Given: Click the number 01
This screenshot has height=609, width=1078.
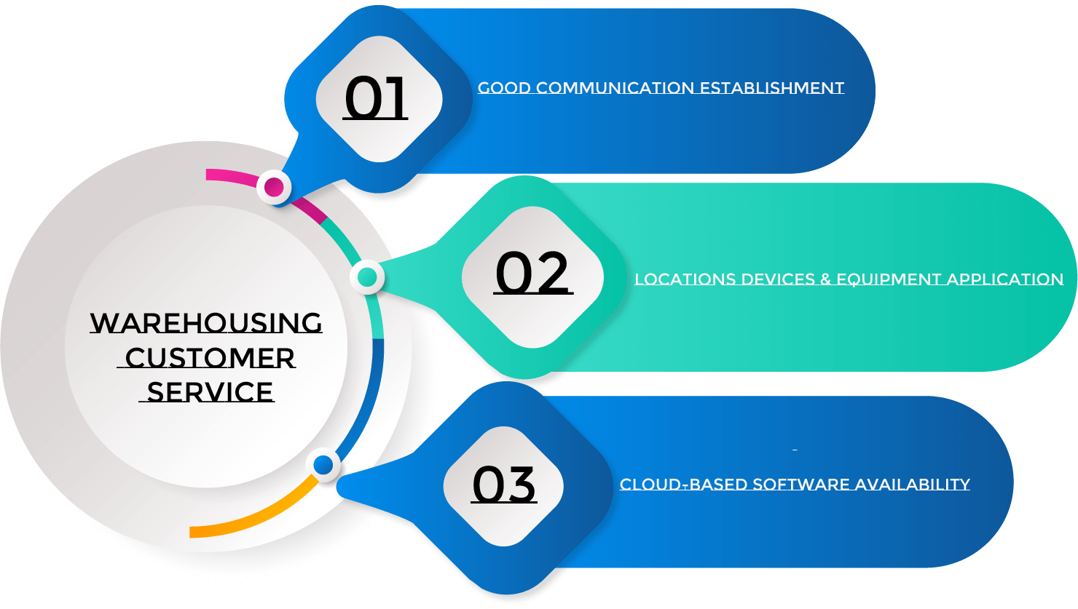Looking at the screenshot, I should pyautogui.click(x=376, y=99).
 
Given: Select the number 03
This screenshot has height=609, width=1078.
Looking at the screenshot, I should pyautogui.click(x=504, y=485).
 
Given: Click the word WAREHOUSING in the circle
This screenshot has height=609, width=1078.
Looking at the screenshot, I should pyautogui.click(x=206, y=323).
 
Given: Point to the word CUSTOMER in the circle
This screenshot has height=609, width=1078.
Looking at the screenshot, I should pyautogui.click(x=210, y=358).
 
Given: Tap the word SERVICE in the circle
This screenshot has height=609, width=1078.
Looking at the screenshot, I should pyautogui.click(x=210, y=392).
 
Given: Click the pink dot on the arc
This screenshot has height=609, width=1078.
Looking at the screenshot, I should pyautogui.click(x=274, y=187).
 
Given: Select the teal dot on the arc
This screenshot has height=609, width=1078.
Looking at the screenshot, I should pyautogui.click(x=368, y=277).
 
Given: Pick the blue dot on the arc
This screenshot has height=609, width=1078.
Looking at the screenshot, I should pyautogui.click(x=323, y=464).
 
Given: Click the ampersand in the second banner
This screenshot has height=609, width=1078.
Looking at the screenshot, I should pyautogui.click(x=826, y=279).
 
